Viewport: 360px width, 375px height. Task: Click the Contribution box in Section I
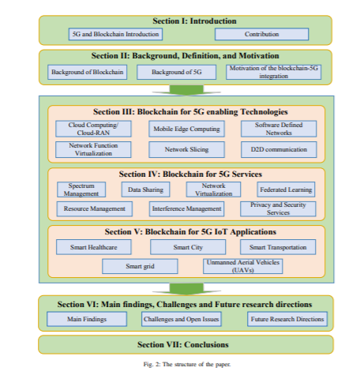261,34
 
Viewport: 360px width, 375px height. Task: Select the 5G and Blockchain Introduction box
115,34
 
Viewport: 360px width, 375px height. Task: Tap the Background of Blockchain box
88,72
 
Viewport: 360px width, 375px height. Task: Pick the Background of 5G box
177,72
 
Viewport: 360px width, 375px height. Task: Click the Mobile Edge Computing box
186,129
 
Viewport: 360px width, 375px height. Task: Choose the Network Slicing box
186,149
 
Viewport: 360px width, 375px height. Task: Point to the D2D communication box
279,149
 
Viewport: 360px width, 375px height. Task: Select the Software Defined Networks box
279,129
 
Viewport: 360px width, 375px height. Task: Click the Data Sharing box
145,189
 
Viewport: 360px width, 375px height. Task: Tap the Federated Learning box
286,189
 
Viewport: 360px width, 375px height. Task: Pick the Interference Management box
186,209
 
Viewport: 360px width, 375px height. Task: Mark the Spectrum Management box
81,189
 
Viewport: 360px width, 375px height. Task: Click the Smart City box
188,247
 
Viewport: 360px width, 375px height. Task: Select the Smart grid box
140,266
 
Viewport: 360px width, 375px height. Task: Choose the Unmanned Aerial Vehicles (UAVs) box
243,266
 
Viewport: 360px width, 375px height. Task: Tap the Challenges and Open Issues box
182,319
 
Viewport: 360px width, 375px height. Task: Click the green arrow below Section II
186,90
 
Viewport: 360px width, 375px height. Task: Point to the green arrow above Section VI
186,289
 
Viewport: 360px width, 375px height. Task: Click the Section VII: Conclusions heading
183,344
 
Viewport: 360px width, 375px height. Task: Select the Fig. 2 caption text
187,365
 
